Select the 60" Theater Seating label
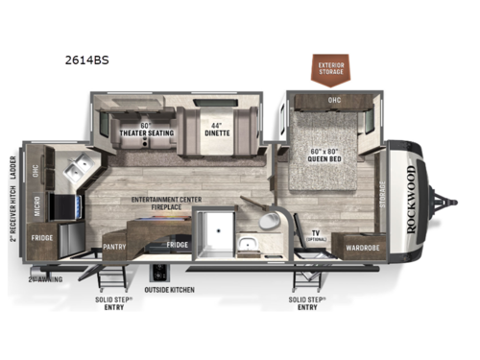click(139, 131)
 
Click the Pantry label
click(113, 245)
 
